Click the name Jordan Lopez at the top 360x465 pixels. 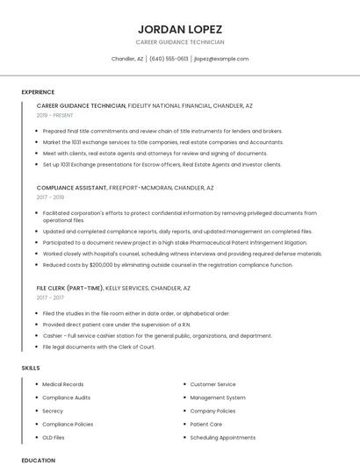click(x=180, y=29)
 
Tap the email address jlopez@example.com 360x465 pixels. click(x=221, y=59)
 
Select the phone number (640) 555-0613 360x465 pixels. click(x=169, y=59)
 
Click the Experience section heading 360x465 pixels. click(x=38, y=92)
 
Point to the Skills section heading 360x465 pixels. click(x=32, y=368)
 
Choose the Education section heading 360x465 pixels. click(x=38, y=460)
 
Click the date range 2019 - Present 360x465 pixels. click(x=55, y=115)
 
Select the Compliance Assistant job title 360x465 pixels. click(x=72, y=188)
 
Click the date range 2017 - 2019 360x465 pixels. click(x=51, y=197)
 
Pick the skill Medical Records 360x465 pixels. click(x=63, y=384)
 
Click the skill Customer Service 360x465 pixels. click(x=213, y=384)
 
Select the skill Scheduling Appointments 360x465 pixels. click(x=223, y=437)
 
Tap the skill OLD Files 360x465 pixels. click(x=54, y=437)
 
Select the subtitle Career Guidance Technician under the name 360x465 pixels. click(x=180, y=42)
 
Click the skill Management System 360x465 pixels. click(x=218, y=397)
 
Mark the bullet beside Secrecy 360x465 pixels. click(x=36, y=411)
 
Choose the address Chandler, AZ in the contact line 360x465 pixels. click(x=127, y=59)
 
